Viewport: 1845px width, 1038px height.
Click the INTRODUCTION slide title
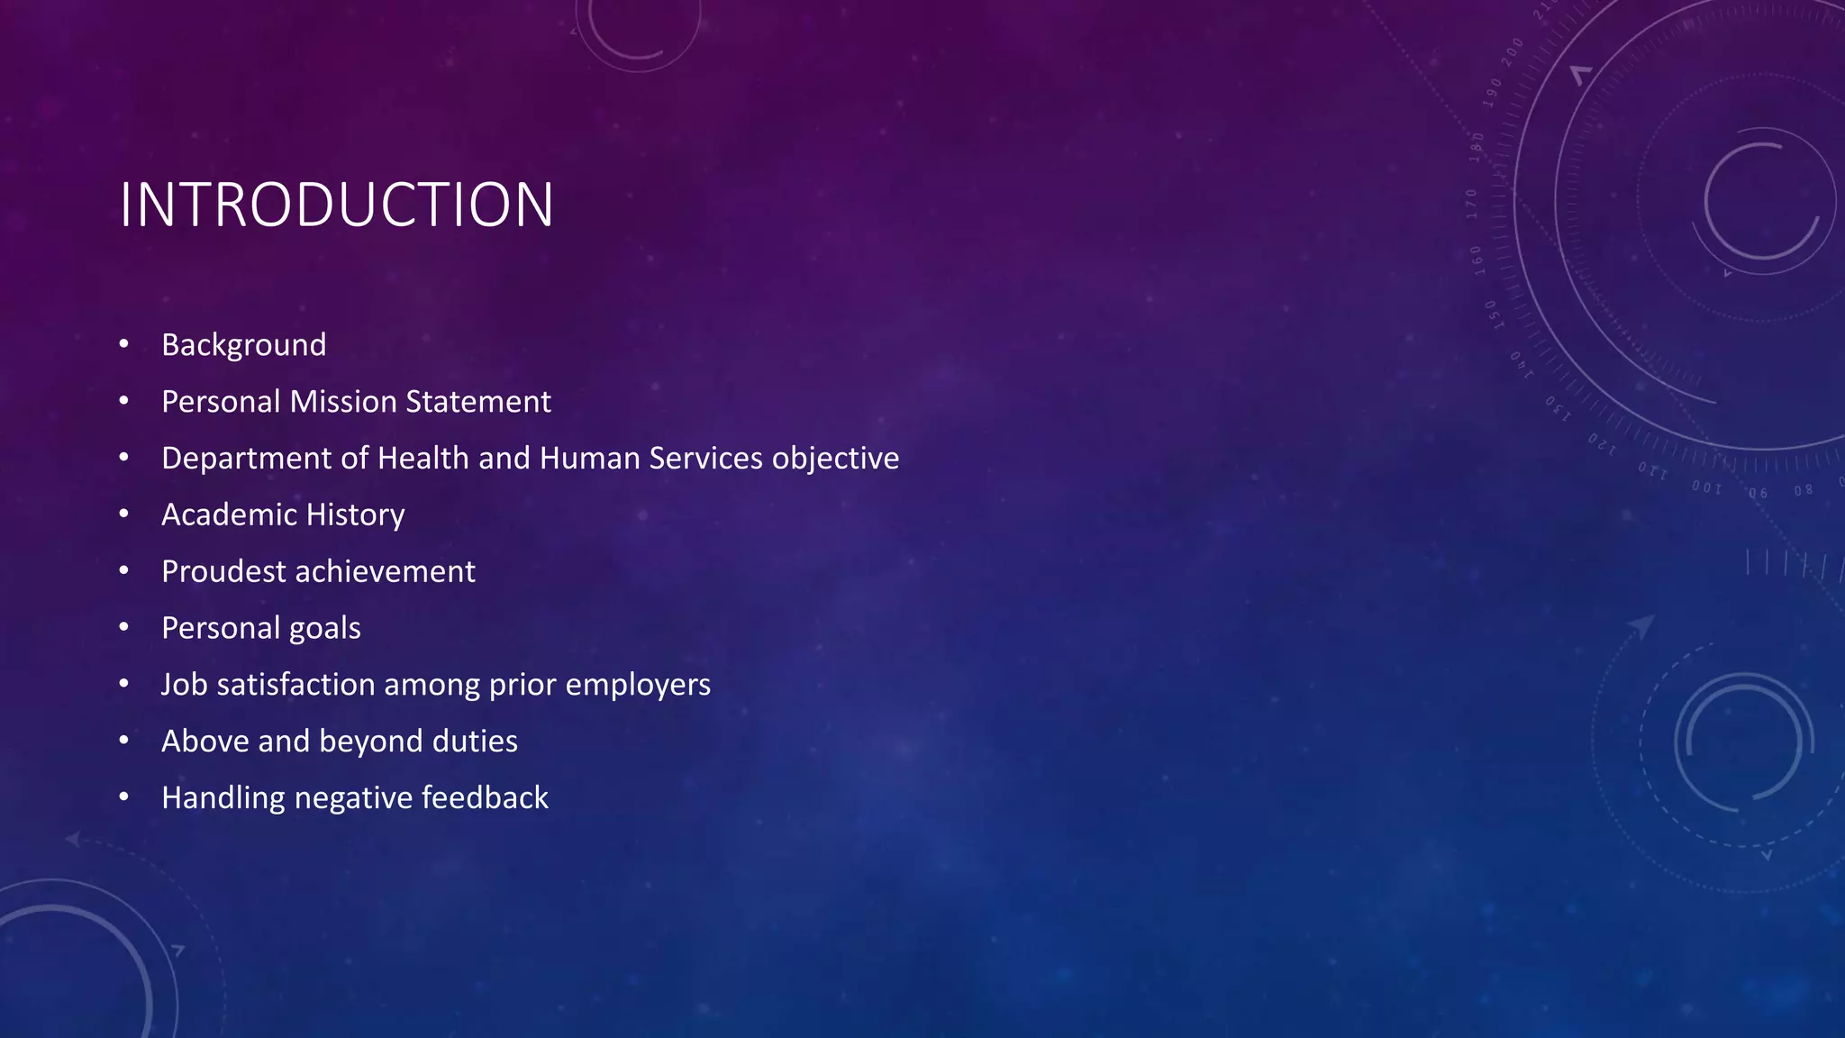coord(336,205)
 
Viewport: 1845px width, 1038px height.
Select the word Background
coord(243,345)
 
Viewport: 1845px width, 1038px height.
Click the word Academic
coord(229,514)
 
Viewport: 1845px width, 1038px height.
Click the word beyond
coord(371,742)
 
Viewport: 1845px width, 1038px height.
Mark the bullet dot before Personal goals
coord(124,627)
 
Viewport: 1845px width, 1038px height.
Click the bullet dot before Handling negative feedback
coord(124,797)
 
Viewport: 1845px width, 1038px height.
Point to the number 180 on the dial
coord(1477,147)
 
